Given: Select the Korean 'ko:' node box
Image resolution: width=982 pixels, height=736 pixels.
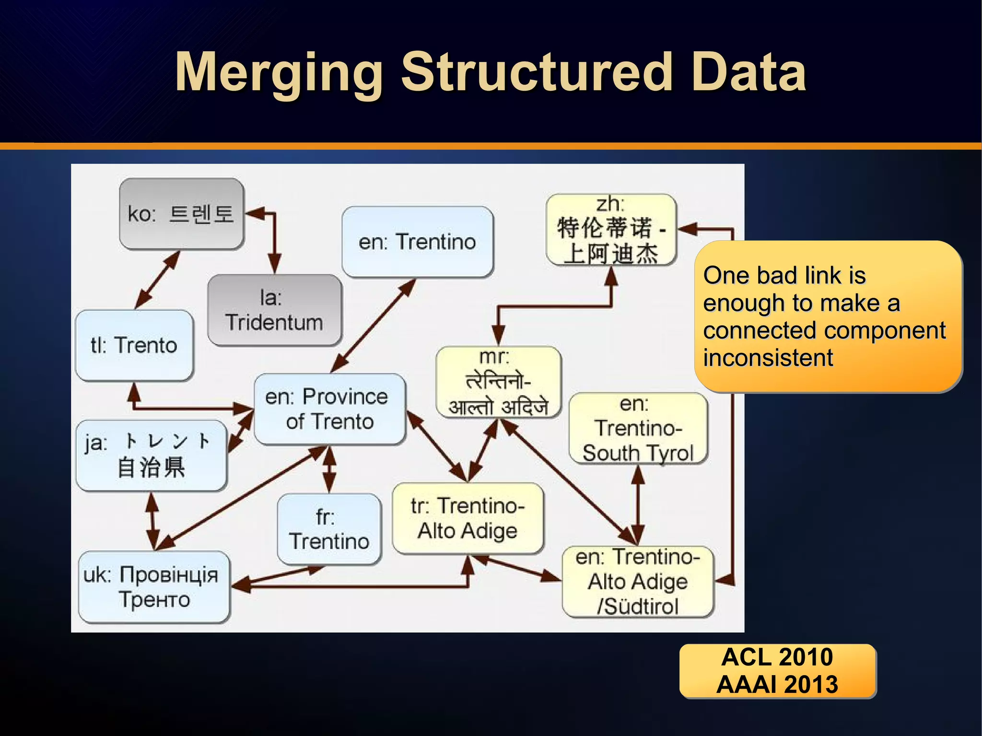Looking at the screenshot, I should [x=182, y=214].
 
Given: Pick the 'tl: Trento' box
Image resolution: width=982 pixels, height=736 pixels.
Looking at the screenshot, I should [x=134, y=345].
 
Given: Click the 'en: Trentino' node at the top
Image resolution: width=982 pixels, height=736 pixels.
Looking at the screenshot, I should [x=417, y=242].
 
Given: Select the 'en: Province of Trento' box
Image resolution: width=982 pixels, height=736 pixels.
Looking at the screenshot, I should [x=329, y=409].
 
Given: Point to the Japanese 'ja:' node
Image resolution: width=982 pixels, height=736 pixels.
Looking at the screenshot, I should [x=151, y=455].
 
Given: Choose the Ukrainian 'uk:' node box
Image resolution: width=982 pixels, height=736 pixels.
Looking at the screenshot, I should [x=153, y=586].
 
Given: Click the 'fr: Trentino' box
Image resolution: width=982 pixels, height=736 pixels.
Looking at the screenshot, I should [x=329, y=529].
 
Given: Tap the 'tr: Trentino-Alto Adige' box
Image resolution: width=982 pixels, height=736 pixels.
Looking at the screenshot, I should [x=468, y=518].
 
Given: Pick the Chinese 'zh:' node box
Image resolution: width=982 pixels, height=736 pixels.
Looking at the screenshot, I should [x=610, y=230].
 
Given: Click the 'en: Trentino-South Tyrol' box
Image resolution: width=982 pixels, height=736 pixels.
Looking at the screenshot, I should [x=638, y=428].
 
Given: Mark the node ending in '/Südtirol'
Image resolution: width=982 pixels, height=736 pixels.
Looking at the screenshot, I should [x=638, y=582].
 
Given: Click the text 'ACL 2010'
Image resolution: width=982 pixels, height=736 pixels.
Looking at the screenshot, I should [x=777, y=657].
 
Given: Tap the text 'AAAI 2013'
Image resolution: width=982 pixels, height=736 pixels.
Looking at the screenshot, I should [x=777, y=684].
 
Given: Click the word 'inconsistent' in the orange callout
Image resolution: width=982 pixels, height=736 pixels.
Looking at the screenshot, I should [x=768, y=358].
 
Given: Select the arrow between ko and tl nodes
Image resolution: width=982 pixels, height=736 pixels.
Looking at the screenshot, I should [x=157, y=280].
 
